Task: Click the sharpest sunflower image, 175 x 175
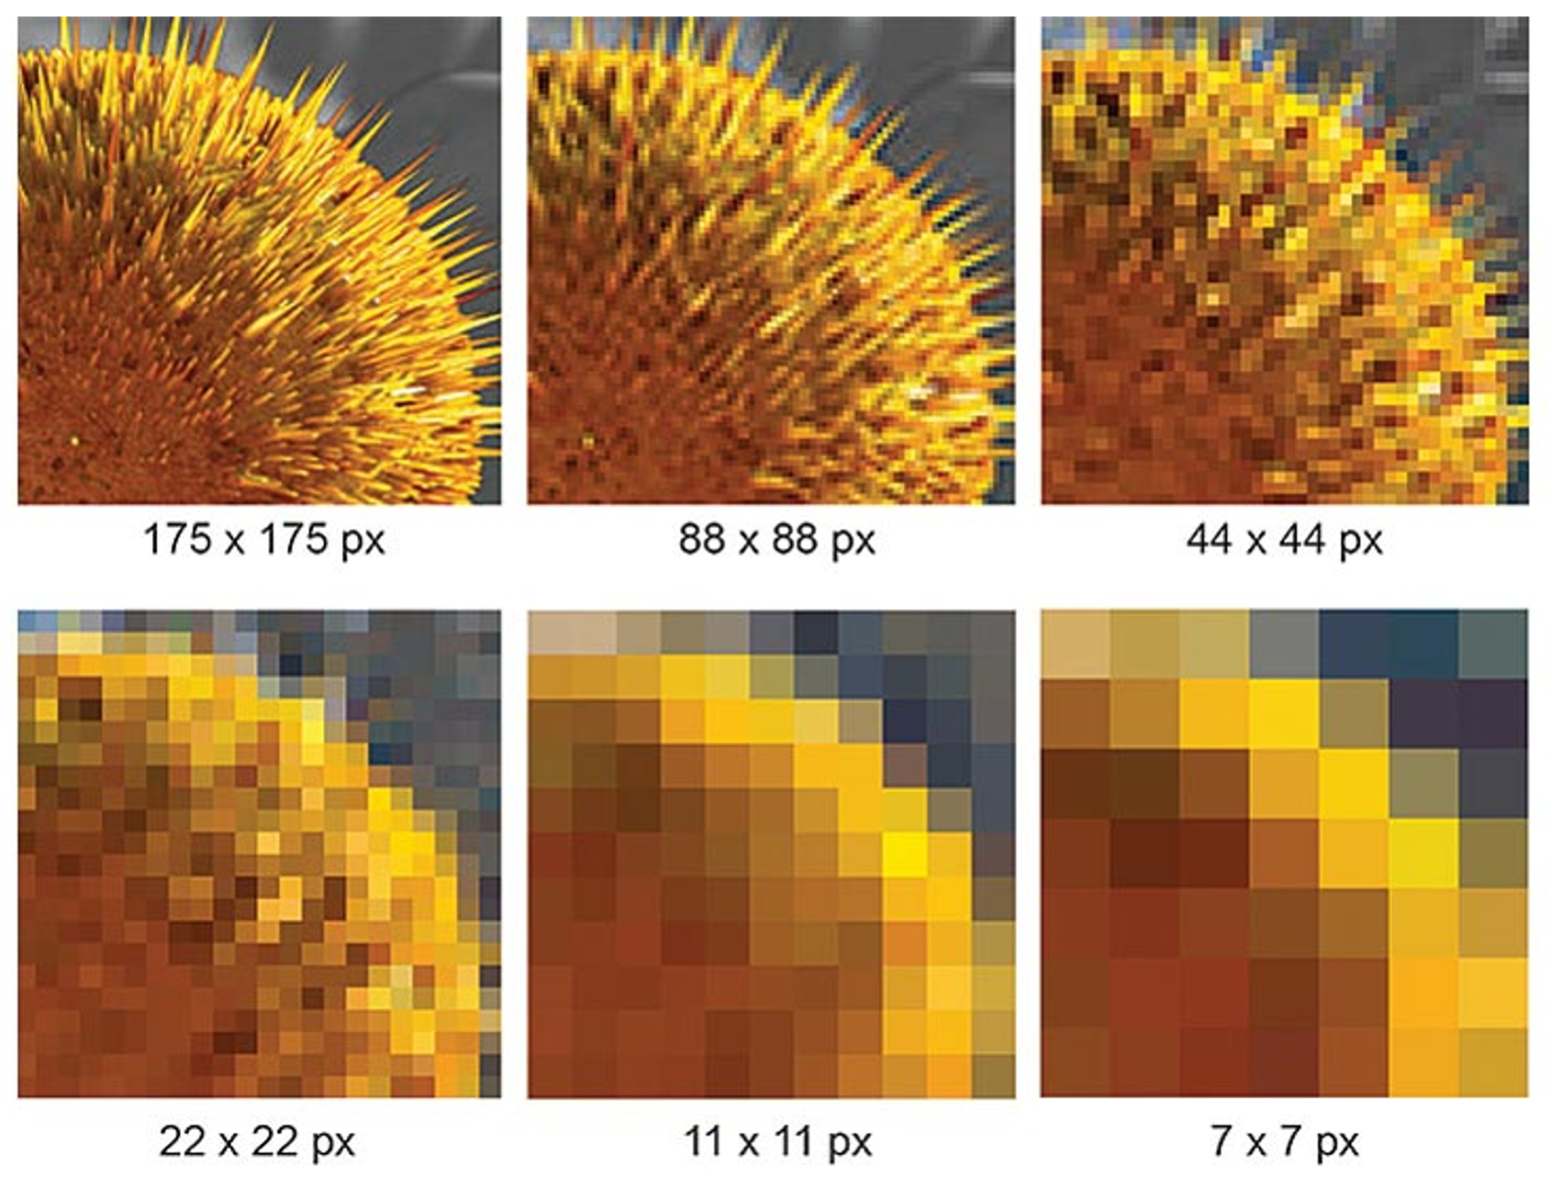click(260, 261)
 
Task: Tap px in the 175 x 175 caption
click(363, 539)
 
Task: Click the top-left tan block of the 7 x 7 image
click(1076, 645)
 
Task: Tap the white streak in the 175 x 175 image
click(410, 391)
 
